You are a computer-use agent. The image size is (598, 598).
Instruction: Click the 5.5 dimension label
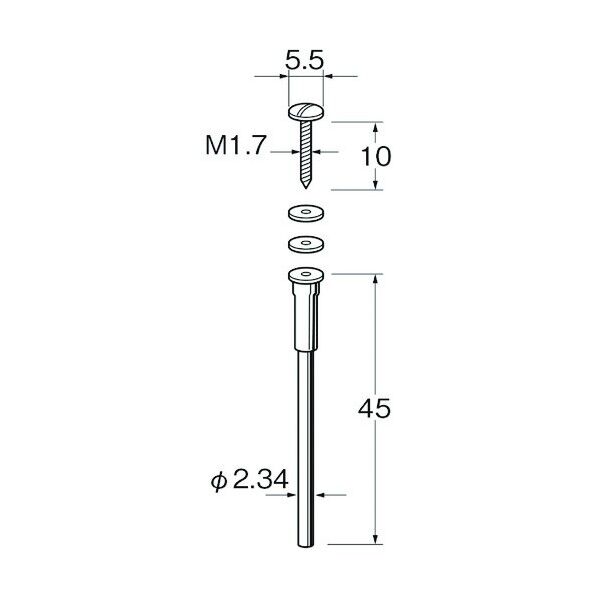(x=304, y=60)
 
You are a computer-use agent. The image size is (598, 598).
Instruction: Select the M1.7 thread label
(x=235, y=145)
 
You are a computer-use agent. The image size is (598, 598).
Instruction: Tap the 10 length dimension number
(x=376, y=156)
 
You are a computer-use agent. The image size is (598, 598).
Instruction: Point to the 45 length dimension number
(x=375, y=408)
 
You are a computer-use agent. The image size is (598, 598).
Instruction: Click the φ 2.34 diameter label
(x=249, y=481)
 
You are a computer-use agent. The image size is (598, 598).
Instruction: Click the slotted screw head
(x=306, y=112)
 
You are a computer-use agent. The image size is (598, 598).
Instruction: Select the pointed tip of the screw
(x=305, y=184)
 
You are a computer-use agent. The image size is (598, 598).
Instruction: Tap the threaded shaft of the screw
(x=305, y=150)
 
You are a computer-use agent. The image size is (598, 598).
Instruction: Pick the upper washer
(x=305, y=214)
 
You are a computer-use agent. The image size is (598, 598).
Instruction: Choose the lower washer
(x=305, y=244)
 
